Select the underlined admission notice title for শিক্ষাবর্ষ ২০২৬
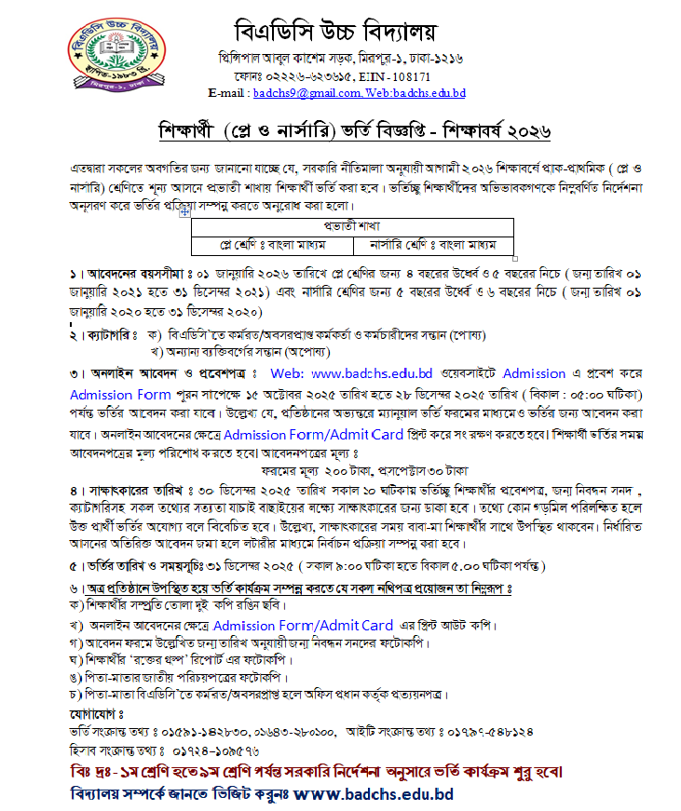(340, 131)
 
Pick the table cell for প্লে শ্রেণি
(272, 246)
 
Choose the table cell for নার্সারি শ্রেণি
(433, 246)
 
